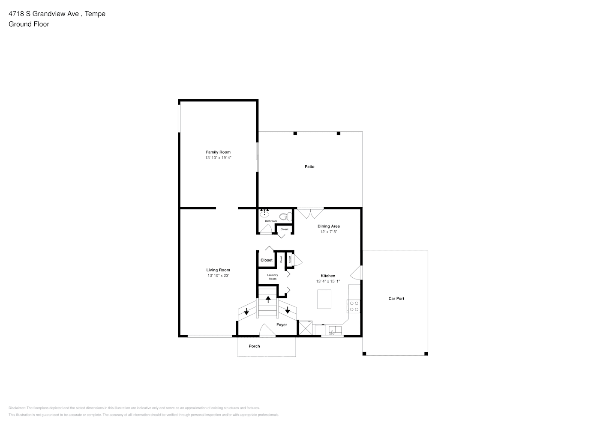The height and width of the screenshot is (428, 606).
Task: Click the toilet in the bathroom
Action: [285, 217]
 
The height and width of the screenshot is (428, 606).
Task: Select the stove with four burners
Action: [354, 306]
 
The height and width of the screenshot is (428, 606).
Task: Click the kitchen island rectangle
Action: [324, 299]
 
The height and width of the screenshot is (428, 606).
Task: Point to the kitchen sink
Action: [334, 330]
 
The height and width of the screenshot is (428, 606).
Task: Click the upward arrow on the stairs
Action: [268, 299]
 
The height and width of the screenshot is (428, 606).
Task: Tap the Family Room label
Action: [218, 152]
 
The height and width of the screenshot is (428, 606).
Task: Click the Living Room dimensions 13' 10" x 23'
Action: [218, 276]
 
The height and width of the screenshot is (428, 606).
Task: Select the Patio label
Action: [309, 166]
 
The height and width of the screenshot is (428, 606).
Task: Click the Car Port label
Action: [396, 298]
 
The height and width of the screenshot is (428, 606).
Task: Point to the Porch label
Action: [254, 346]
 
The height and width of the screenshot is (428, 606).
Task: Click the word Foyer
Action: [282, 324]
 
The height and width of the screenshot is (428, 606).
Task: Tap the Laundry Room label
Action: [273, 277]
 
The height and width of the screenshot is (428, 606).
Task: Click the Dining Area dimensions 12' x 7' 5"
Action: [329, 232]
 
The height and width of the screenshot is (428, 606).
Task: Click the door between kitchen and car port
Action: [356, 272]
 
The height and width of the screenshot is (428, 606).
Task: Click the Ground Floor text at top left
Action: [29, 24]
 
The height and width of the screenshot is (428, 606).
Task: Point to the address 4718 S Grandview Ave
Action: [44, 14]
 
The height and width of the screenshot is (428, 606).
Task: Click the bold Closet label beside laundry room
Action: [266, 260]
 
